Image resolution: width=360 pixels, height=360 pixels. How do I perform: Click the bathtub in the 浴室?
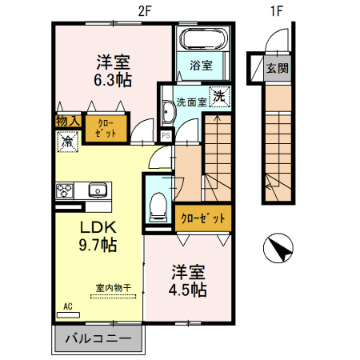(x=204, y=39)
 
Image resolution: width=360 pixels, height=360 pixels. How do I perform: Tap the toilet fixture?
(x=158, y=207)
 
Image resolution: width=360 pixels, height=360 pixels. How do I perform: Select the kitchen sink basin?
(x=98, y=190)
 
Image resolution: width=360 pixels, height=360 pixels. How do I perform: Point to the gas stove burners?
(x=64, y=190)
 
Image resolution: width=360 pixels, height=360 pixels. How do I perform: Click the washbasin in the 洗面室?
(x=168, y=112)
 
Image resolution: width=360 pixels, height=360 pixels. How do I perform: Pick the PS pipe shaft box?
(x=166, y=136)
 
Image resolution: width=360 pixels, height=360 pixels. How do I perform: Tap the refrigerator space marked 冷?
(x=67, y=142)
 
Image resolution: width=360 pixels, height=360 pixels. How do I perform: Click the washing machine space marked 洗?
(x=219, y=97)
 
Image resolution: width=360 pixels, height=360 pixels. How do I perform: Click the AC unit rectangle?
(x=68, y=315)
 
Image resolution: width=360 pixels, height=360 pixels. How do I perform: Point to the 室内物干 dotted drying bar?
(x=114, y=296)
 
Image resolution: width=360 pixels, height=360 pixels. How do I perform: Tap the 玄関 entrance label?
(x=278, y=68)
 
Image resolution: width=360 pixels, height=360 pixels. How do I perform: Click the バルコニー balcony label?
(x=98, y=338)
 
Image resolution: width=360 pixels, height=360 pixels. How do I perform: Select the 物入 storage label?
(x=68, y=122)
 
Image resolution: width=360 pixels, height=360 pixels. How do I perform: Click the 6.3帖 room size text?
(x=113, y=80)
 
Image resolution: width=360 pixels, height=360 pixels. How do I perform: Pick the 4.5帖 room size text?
(x=188, y=290)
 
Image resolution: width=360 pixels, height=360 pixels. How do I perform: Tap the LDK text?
(x=98, y=227)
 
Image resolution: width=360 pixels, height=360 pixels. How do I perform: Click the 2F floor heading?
(x=145, y=11)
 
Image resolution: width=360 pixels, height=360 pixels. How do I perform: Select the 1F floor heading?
(x=276, y=11)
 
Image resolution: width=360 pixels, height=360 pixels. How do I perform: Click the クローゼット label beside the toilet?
(x=203, y=218)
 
